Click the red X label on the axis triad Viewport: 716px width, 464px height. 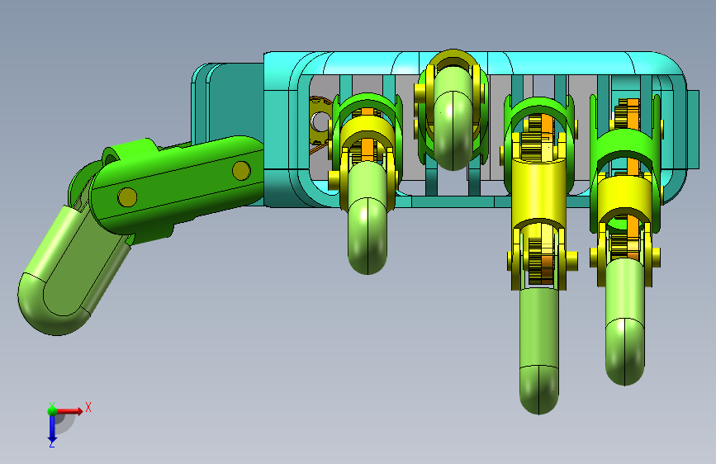(88, 407)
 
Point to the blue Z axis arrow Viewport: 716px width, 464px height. (52, 429)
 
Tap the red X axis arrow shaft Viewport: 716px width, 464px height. (66, 411)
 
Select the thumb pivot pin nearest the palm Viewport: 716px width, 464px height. (241, 170)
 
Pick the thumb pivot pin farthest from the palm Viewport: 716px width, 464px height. (127, 197)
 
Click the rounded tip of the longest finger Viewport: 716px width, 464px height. (538, 391)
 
